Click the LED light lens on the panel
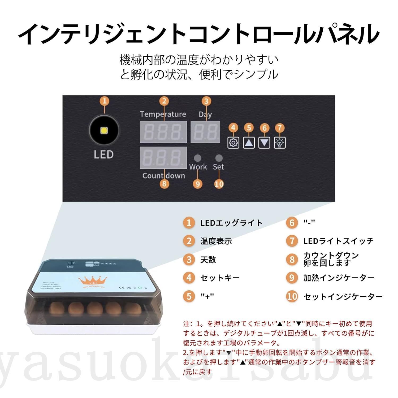(x=104, y=131)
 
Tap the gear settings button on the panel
(x=233, y=143)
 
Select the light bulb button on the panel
(x=280, y=143)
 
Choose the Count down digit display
(x=163, y=158)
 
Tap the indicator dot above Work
(x=197, y=158)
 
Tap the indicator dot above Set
(x=219, y=158)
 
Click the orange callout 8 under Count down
(x=164, y=184)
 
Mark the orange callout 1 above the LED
(x=105, y=101)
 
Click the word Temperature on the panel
(x=163, y=114)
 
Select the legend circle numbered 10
(x=292, y=296)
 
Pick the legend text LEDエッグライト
(x=231, y=223)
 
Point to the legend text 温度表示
(x=216, y=241)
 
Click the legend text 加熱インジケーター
(x=339, y=278)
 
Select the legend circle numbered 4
(x=189, y=278)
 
